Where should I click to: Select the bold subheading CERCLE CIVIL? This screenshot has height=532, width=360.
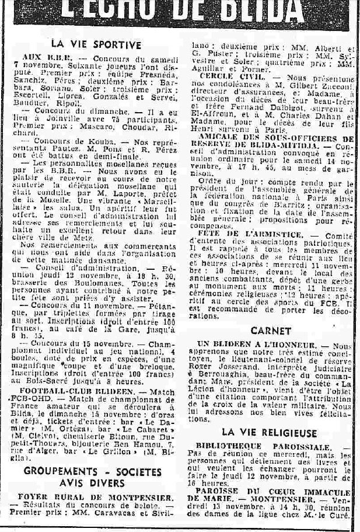(225, 76)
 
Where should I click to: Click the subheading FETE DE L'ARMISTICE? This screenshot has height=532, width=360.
(250, 234)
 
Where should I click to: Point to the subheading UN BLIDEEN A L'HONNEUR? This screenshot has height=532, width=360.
(263, 346)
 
